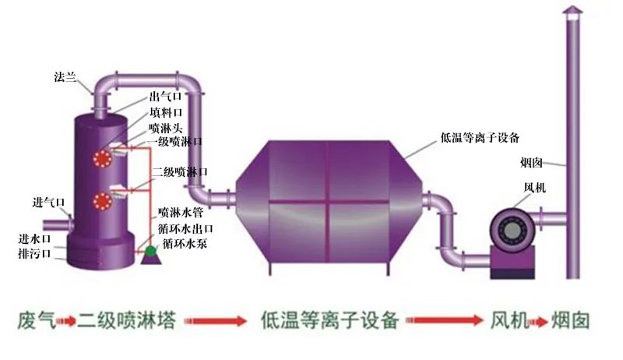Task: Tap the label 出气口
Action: point(167,97)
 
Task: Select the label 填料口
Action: point(167,113)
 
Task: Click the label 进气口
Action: point(49,202)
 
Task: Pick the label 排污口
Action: point(34,253)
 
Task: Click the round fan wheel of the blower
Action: point(511,231)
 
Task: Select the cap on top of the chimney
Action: point(572,10)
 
